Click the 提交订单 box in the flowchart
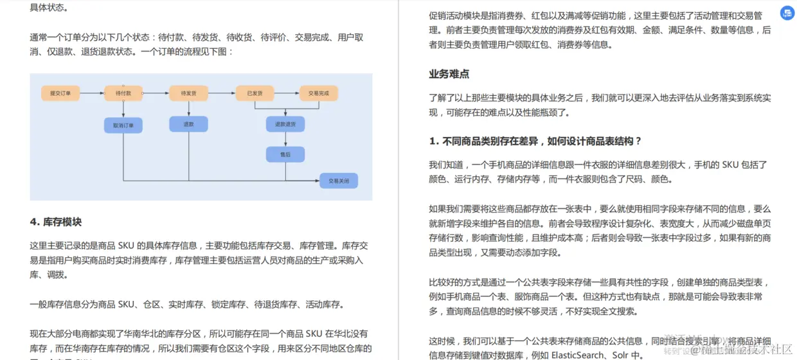pos(60,93)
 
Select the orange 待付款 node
pos(123,93)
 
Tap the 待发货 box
pos(188,93)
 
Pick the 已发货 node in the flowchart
pos(255,93)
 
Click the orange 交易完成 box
pos(318,93)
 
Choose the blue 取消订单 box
pos(123,125)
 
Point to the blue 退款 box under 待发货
pos(188,124)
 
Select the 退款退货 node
pos(285,124)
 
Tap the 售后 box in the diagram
pos(285,154)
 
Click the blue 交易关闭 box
pos(338,181)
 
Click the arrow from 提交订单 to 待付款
pos(92,93)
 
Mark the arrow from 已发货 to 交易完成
pos(287,93)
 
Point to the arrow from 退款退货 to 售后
pos(285,139)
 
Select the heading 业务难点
pos(449,74)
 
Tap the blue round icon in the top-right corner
pos(787,13)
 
